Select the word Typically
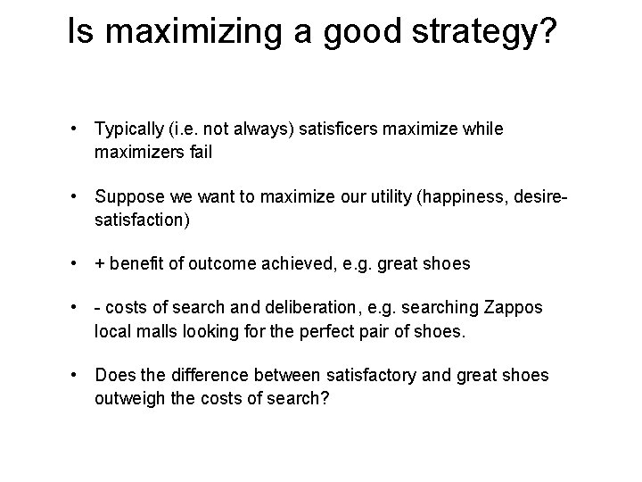[130, 129]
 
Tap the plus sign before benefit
[100, 264]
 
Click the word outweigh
[128, 397]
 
